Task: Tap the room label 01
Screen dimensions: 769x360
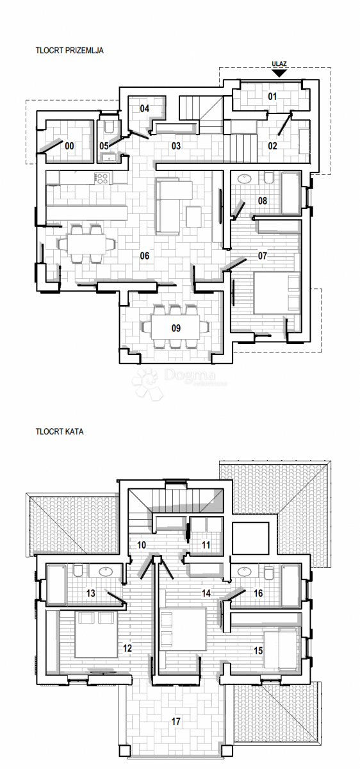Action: pos(272,97)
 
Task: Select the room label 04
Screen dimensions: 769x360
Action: pos(145,108)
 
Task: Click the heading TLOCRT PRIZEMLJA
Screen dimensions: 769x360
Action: pos(70,49)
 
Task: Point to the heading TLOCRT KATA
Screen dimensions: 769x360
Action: pos(60,431)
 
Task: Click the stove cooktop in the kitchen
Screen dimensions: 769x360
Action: pos(102,178)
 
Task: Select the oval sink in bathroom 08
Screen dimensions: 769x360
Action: pos(244,179)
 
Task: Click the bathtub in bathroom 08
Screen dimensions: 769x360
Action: pos(290,192)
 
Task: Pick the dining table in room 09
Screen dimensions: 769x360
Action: pos(175,327)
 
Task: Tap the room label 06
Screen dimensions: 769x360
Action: pos(145,256)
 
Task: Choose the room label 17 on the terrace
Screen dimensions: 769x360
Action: pos(176,721)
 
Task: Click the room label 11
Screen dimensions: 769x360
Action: pos(206,545)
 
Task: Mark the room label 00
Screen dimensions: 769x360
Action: pos(70,146)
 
